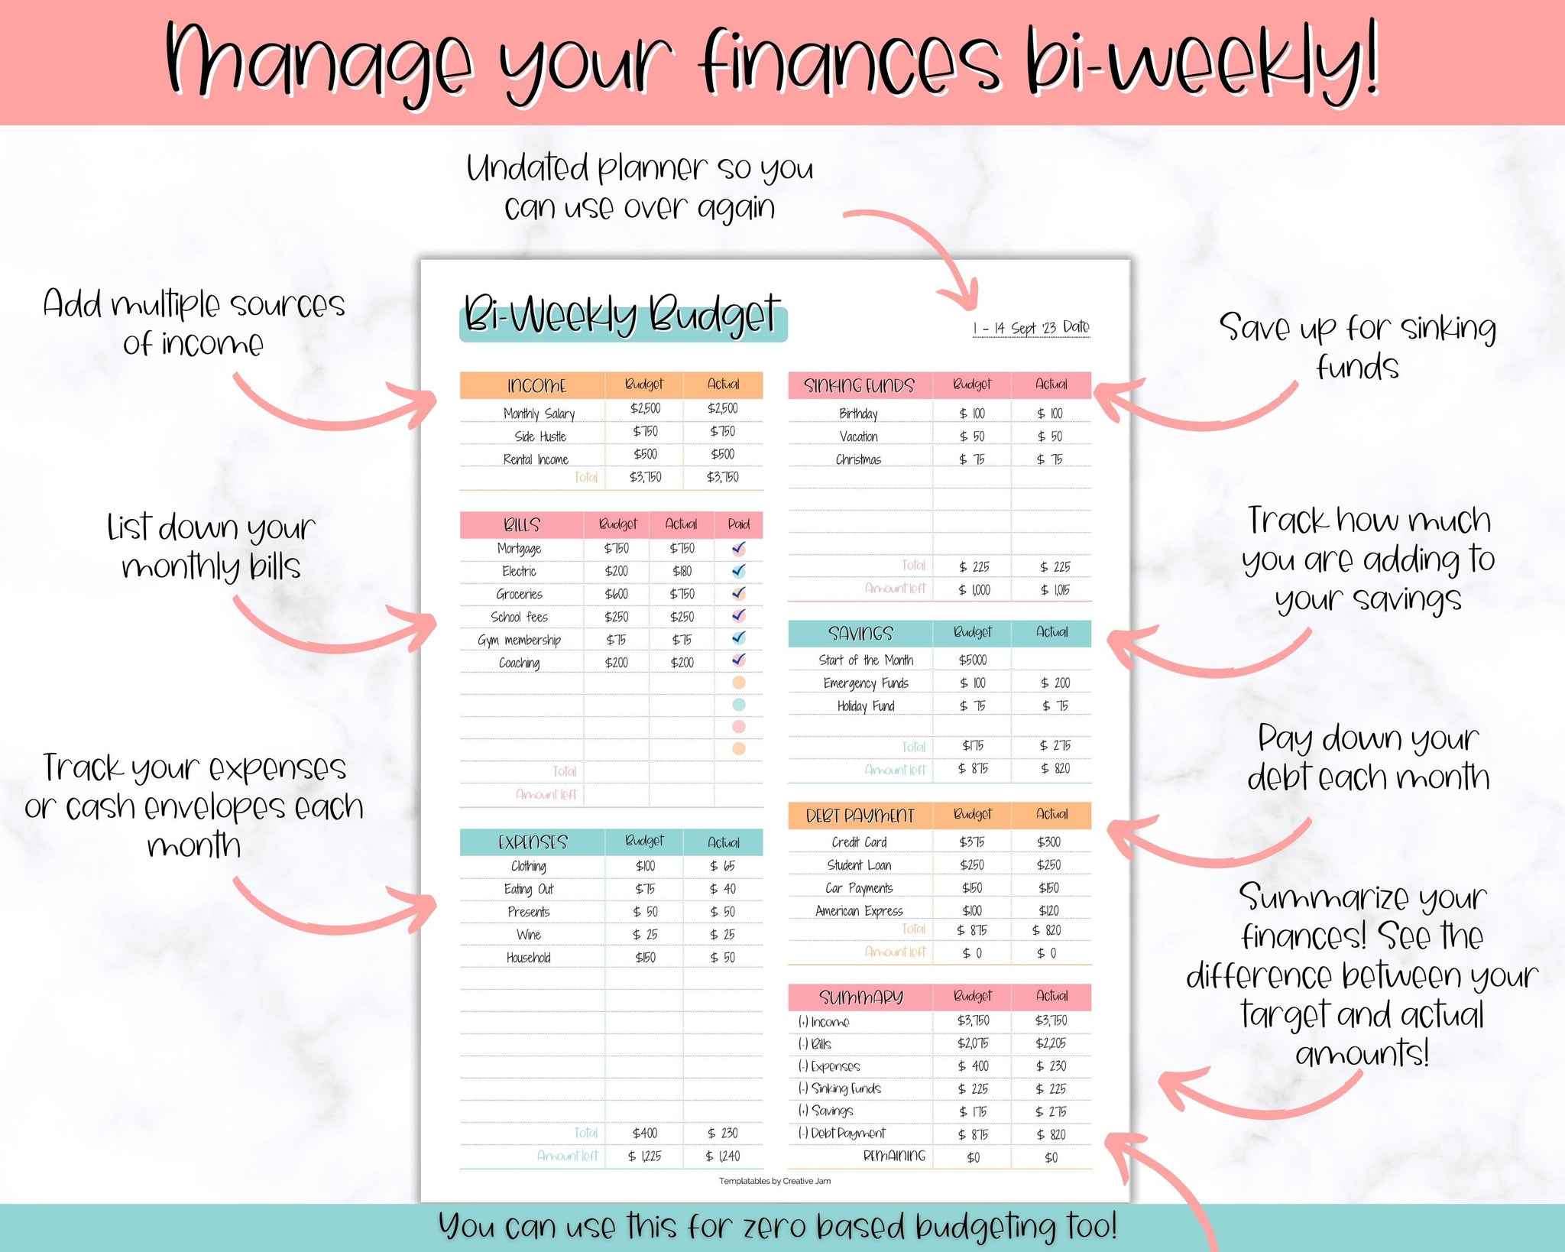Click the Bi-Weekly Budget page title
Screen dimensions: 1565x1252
[x=622, y=316]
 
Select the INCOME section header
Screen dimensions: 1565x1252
[x=536, y=385]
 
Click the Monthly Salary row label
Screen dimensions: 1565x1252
[x=539, y=414]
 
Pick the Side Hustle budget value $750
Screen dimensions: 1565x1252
[x=645, y=432]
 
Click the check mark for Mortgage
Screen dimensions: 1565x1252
[x=739, y=548]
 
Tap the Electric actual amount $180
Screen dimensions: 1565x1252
[x=682, y=571]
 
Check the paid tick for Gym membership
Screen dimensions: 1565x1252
[x=739, y=637]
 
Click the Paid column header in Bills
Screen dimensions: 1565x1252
[x=738, y=524]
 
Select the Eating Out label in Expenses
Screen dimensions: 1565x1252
[x=529, y=889]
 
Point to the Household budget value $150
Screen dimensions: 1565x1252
[x=645, y=958]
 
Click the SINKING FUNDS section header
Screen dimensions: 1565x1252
[x=859, y=386]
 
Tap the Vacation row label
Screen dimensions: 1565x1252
[x=859, y=436]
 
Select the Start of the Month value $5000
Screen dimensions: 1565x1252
[x=973, y=660]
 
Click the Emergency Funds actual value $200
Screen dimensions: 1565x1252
[x=1055, y=683]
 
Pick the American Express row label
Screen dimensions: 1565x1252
[x=859, y=911]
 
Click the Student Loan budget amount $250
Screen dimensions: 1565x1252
[x=972, y=865]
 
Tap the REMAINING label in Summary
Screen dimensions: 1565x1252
[x=894, y=1156]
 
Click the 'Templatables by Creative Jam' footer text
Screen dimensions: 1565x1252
[x=775, y=1181]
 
